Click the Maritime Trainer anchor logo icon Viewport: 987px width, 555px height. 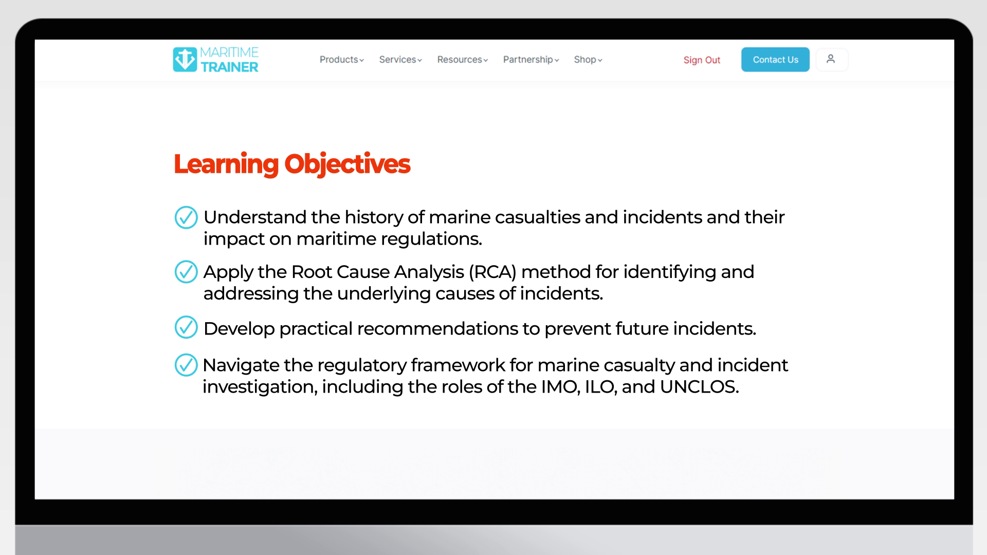point(185,60)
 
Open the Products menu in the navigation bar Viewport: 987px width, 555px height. point(341,60)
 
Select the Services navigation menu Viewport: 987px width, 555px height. point(400,60)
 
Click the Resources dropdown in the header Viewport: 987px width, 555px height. point(462,60)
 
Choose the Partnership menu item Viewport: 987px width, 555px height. point(531,60)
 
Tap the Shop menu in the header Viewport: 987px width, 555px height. point(588,60)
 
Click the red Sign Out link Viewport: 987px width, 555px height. point(702,60)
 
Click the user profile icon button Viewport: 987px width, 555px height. point(831,60)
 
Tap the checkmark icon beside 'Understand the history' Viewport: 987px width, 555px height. point(186,217)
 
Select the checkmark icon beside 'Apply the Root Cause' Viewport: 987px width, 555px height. point(186,272)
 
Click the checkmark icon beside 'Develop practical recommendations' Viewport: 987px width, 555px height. point(186,327)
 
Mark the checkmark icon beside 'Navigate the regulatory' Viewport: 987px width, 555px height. point(186,365)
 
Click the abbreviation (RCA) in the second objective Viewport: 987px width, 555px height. point(492,272)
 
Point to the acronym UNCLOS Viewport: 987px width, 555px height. point(699,387)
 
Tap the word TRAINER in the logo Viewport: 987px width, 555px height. point(229,67)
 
